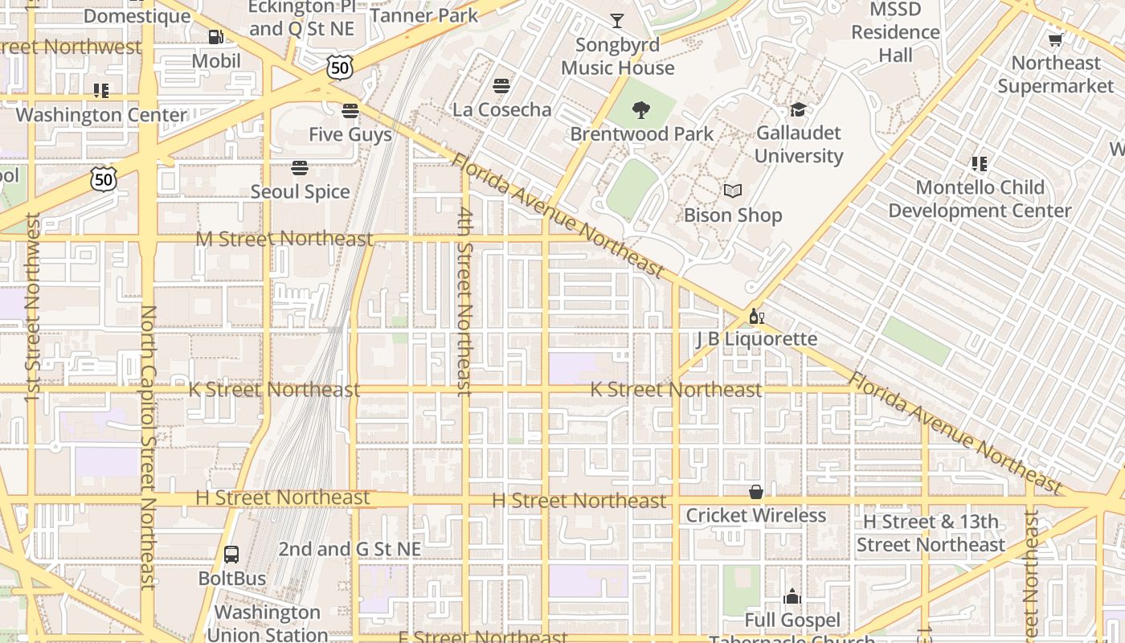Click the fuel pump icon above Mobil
[215, 36]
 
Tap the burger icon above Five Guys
[350, 110]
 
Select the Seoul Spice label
[300, 192]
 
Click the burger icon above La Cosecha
[502, 85]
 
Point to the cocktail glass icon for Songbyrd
[617, 21]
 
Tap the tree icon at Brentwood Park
[641, 110]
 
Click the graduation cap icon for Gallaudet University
[798, 109]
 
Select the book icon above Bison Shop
[732, 191]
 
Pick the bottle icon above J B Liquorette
[755, 316]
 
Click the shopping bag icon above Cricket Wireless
[755, 492]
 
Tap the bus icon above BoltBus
[231, 554]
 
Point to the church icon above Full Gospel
[792, 596]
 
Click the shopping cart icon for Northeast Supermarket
[1055, 39]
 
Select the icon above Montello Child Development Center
[979, 164]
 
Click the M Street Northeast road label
[284, 239]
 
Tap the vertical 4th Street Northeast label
[464, 301]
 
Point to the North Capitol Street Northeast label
[148, 447]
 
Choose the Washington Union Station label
[267, 623]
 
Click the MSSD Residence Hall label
[895, 32]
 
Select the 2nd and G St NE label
[350, 549]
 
